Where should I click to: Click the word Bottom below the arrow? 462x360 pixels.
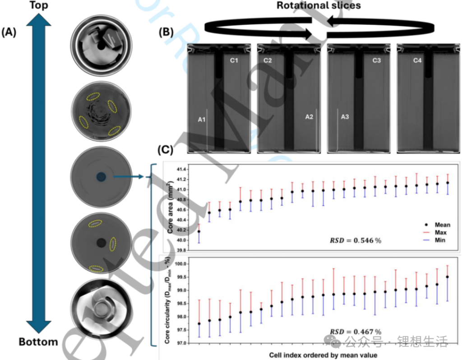click(x=38, y=342)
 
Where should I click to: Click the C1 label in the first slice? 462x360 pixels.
click(x=234, y=60)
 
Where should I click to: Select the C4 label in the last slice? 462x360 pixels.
click(x=417, y=60)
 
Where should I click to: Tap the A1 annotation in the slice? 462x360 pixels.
click(x=202, y=120)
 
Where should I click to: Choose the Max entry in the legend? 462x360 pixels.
click(x=440, y=233)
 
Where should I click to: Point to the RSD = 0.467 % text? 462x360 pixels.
click(x=355, y=332)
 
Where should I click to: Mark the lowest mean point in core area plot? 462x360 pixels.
click(x=199, y=231)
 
